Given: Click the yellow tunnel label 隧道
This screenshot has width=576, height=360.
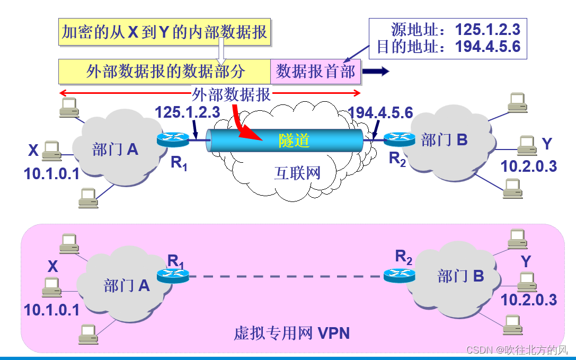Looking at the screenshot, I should pyautogui.click(x=294, y=141).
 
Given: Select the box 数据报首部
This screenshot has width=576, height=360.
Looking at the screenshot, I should pyautogui.click(x=315, y=72).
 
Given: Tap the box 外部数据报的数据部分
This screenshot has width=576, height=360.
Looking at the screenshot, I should pyautogui.click(x=165, y=72).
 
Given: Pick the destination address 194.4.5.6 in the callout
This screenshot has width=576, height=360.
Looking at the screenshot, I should pyautogui.click(x=488, y=47).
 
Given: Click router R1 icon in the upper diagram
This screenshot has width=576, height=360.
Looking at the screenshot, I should pyautogui.click(x=173, y=139).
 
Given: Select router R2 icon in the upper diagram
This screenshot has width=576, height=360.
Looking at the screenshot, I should pyautogui.click(x=400, y=139).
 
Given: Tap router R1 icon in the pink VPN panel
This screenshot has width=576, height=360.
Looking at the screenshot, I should pyautogui.click(x=173, y=276).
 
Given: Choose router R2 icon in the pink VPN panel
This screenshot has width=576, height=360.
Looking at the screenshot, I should pyautogui.click(x=400, y=275).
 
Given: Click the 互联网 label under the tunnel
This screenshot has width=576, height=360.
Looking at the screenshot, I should pyautogui.click(x=297, y=173).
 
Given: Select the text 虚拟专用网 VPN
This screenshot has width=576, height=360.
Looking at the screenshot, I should pyautogui.click(x=291, y=333).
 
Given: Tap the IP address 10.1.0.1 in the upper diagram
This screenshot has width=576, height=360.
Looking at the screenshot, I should pyautogui.click(x=51, y=173).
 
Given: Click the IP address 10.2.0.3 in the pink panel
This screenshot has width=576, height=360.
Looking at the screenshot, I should pyautogui.click(x=528, y=299).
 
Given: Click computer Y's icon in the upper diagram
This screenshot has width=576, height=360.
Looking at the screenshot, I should pyautogui.click(x=526, y=144).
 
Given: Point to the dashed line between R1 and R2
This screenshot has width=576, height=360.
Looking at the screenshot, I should pyautogui.click(x=286, y=276).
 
